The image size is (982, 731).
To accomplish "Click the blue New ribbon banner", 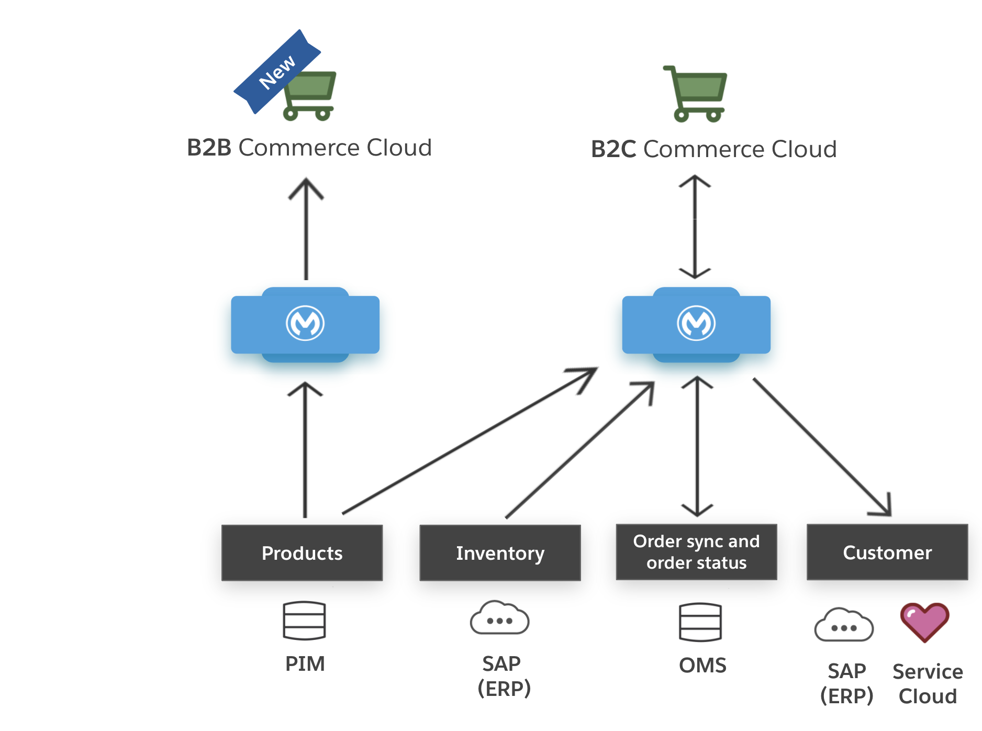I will pos(276,72).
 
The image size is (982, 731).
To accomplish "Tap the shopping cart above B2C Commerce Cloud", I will pos(697,94).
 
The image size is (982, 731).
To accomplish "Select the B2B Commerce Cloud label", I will pos(309,148).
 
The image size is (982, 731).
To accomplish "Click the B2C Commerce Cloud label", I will pos(713,149).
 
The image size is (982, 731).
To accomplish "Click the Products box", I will pos(302,553).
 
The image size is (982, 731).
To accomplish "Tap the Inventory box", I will pos(500,553).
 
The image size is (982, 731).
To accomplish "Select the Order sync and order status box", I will pos(696,552).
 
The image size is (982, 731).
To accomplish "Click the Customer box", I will pos(887,552).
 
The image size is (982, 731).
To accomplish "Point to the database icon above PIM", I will pos(304,621).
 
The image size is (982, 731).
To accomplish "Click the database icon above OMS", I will pos(700,622).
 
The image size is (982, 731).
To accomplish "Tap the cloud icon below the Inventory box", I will pos(499,618).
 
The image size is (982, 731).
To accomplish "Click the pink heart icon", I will pos(924,622).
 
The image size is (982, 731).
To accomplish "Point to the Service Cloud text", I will pos(928,684).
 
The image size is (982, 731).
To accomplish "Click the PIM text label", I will pos(305,664).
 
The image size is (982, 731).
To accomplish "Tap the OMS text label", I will pos(702,666).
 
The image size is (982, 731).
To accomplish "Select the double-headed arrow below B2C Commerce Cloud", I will pos(695,227).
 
